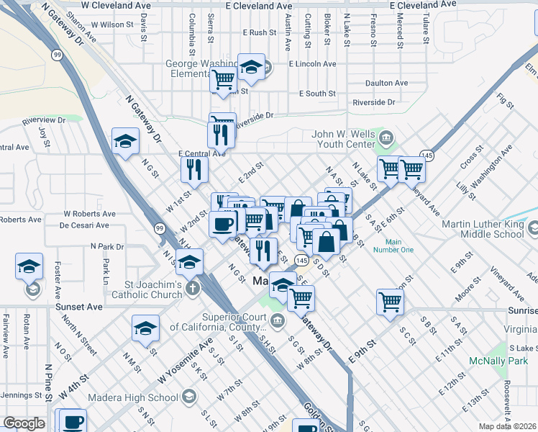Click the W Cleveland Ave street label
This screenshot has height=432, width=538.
(116, 4)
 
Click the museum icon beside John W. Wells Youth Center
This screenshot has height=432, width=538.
(386, 136)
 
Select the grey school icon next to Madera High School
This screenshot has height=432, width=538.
(188, 397)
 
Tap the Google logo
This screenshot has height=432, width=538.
(23, 423)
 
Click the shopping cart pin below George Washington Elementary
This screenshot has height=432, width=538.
(224, 81)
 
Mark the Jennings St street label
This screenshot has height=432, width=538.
(20, 395)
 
